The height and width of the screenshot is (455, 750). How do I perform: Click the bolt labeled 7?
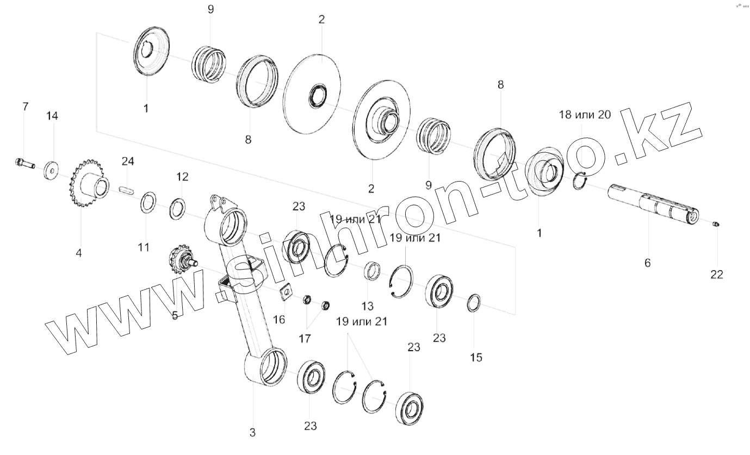click(25, 163)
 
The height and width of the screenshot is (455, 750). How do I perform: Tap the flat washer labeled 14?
click(52, 171)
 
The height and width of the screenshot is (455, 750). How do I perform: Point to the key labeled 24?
click(127, 190)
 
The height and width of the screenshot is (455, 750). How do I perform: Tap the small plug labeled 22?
click(716, 224)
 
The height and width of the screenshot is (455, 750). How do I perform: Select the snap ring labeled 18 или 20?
click(580, 180)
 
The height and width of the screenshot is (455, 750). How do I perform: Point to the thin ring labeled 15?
click(474, 302)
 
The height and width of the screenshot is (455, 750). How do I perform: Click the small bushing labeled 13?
click(372, 270)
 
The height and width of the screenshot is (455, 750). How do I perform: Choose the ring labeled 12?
click(177, 209)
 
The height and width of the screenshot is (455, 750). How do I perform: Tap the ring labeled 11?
click(148, 202)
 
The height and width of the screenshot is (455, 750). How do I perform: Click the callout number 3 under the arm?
click(252, 433)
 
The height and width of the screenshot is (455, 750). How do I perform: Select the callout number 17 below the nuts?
click(305, 339)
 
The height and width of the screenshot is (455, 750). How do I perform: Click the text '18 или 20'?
click(585, 115)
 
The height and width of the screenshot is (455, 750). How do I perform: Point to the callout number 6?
click(648, 263)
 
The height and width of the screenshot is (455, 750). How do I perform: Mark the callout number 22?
click(717, 275)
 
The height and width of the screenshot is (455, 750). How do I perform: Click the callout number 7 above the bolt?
click(26, 107)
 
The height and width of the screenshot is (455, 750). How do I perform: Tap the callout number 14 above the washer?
click(52, 116)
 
